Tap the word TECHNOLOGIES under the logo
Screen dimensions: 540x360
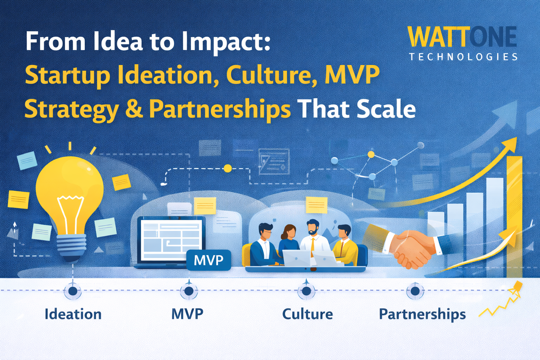pyautogui.click(x=463, y=57)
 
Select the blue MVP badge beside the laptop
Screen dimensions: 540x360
pyautogui.click(x=209, y=260)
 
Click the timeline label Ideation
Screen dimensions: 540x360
pyautogui.click(x=73, y=314)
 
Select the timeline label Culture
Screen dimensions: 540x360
pyautogui.click(x=308, y=314)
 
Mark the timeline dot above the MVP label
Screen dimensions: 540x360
pyautogui.click(x=189, y=291)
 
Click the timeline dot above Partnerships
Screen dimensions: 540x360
pyautogui.click(x=415, y=291)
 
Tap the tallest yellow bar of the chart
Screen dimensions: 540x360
pyautogui.click(x=515, y=217)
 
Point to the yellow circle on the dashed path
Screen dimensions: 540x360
pyautogui.click(x=227, y=168)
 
